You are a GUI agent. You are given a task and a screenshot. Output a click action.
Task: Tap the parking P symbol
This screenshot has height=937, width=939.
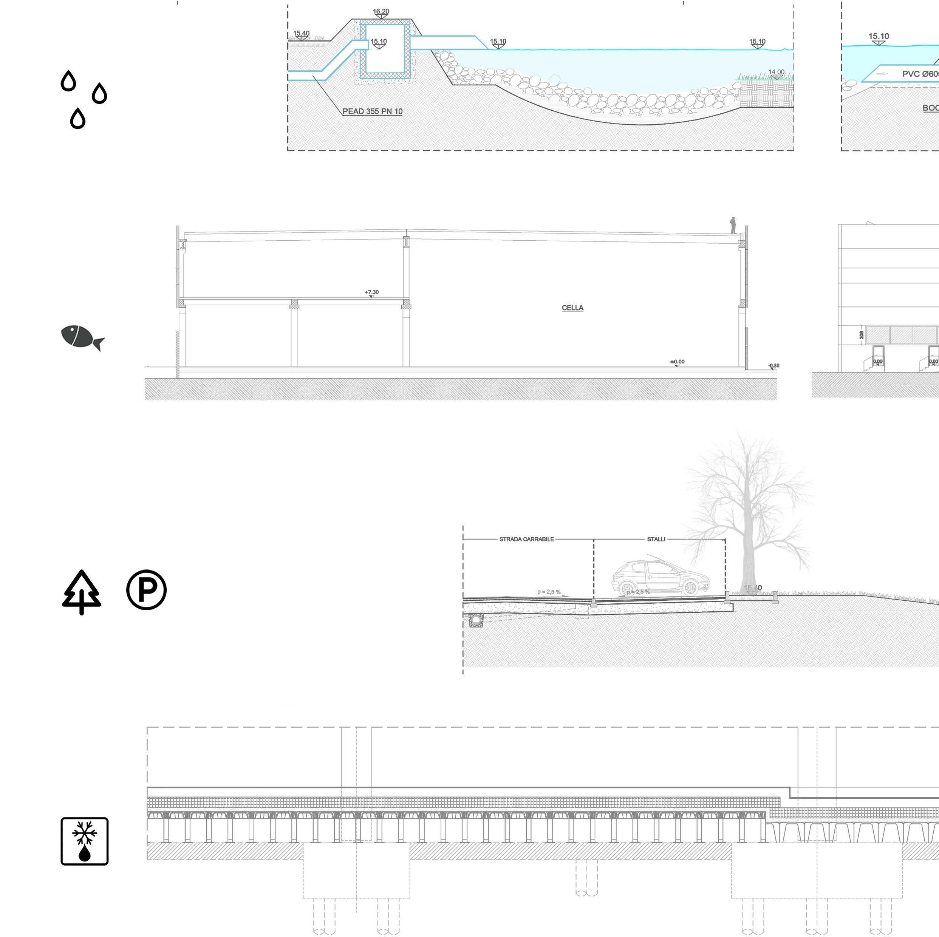tap(146, 590)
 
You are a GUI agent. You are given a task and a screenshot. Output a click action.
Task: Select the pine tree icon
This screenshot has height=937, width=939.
tap(82, 591)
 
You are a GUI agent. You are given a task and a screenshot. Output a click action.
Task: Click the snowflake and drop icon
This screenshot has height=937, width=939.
tap(85, 841)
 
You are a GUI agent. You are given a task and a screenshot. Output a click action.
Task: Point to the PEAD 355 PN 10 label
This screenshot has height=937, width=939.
tap(372, 111)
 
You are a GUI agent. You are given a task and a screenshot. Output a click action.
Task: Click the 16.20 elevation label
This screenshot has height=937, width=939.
tap(381, 12)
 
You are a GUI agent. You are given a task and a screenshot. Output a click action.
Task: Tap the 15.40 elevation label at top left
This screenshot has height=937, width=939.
tap(301, 34)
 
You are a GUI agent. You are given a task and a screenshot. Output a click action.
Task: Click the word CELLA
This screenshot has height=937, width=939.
tap(572, 308)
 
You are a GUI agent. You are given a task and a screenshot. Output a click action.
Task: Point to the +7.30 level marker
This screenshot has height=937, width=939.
tap(371, 292)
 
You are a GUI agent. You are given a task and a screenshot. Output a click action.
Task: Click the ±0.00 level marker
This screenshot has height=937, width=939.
tap(677, 362)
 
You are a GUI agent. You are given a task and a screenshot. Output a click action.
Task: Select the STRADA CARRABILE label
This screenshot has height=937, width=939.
tap(526, 539)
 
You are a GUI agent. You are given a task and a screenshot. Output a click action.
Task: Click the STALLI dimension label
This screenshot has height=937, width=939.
tap(656, 539)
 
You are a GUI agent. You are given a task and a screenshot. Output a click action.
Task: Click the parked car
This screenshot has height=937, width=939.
tap(661, 578)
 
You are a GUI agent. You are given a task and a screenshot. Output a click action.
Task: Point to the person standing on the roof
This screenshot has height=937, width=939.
tap(733, 226)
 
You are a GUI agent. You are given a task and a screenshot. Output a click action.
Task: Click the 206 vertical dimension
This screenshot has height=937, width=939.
tap(861, 334)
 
